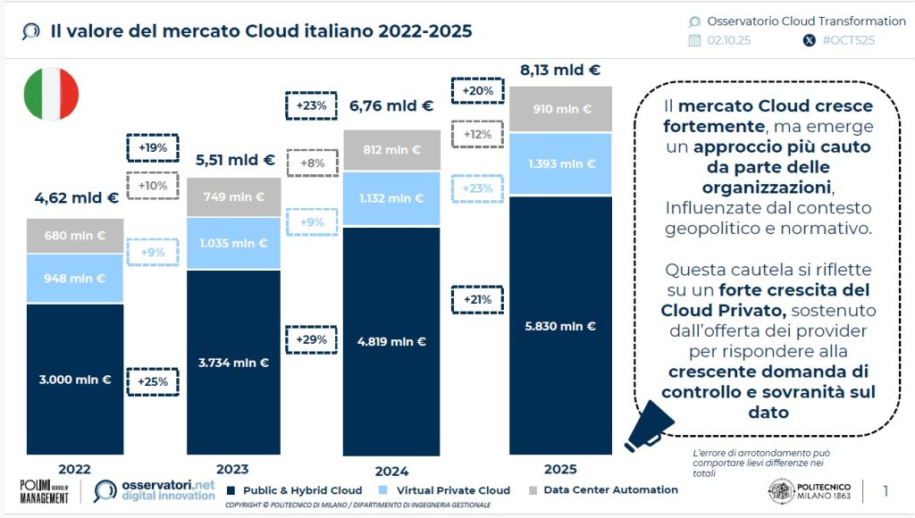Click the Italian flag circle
[50, 94]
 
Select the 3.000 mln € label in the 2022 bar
[74, 380]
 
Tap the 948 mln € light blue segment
[74, 277]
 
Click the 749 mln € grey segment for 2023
[233, 196]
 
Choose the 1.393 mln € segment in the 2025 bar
[560, 163]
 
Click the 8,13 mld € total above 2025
[560, 70]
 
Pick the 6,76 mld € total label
[391, 106]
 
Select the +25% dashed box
[153, 381]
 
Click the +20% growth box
[477, 90]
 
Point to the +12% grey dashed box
[477, 134]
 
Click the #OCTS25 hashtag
[845, 40]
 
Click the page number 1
[886, 490]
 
